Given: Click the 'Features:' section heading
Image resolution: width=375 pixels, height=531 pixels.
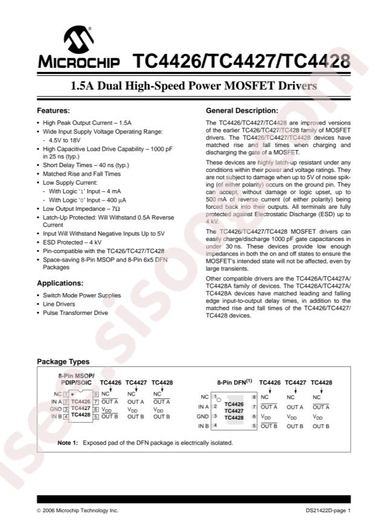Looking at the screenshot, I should [53, 111].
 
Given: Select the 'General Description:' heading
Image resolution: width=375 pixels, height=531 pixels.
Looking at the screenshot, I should [242, 111].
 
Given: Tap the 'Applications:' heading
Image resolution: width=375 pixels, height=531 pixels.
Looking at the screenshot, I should [60, 283].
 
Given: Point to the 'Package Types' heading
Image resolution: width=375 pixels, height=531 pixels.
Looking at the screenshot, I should [63, 361].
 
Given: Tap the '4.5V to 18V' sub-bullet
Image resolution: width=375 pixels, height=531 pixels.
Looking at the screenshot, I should [65, 139].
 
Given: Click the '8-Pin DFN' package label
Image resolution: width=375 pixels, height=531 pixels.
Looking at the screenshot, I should [233, 383].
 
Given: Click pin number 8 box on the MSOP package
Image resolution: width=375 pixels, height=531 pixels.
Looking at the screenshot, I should [96, 394].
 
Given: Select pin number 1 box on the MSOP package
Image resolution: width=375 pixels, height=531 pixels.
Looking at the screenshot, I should [66, 394].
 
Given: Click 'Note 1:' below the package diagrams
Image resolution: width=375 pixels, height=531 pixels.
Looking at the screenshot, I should [68, 443].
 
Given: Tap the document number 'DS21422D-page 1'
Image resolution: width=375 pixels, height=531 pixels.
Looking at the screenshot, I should [328, 510].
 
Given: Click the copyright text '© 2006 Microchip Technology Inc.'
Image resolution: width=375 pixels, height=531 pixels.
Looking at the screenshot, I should [77, 510].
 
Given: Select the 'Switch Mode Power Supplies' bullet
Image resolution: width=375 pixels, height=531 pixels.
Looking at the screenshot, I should [82, 295].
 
